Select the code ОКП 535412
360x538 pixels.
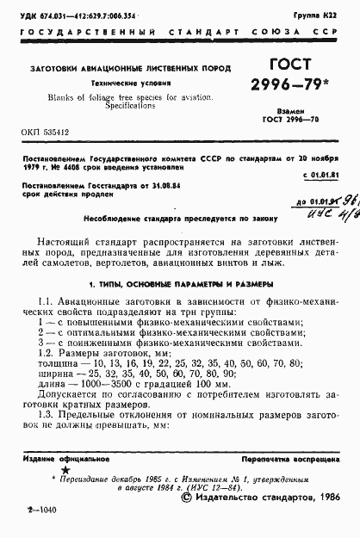click(41, 133)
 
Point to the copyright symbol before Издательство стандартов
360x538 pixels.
click(187, 497)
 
